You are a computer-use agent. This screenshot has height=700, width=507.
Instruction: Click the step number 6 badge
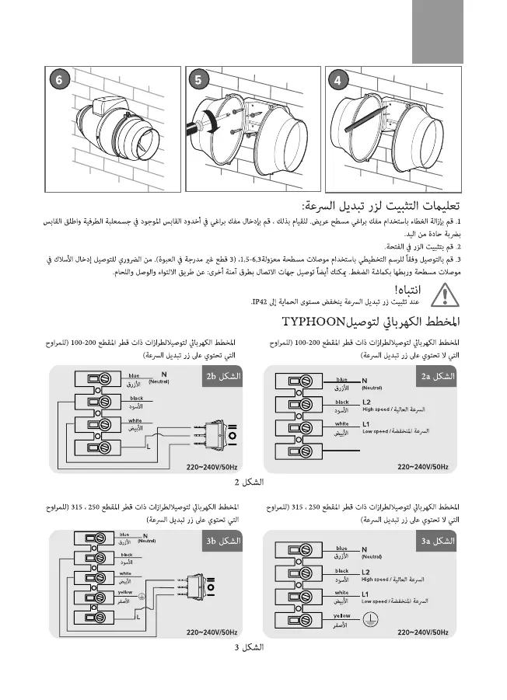pyautogui.click(x=58, y=80)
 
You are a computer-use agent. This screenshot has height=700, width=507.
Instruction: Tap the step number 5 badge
pyautogui.click(x=200, y=80)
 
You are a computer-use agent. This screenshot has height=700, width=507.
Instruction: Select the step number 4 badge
pyautogui.click(x=337, y=80)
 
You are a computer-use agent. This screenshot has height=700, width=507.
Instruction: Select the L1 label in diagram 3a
pyautogui.click(x=367, y=594)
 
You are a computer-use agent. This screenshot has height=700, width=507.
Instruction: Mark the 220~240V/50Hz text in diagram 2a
pyautogui.click(x=423, y=467)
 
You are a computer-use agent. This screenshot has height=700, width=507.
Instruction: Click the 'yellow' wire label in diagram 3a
pyautogui.click(x=341, y=615)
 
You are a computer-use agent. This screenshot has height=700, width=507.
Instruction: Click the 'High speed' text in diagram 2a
pyautogui.click(x=376, y=409)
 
